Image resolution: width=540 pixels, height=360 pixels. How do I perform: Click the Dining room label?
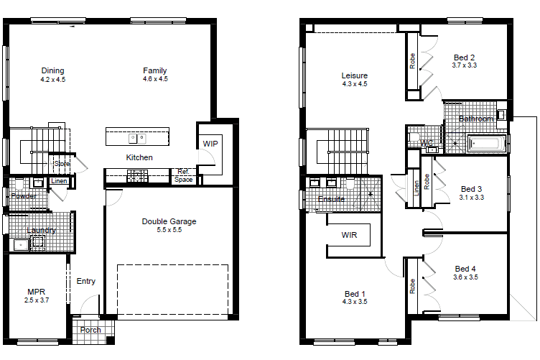coord(52,70)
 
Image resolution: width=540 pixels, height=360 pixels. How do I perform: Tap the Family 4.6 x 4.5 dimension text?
coord(155,79)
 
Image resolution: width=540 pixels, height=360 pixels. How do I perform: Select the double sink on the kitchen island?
coord(137,139)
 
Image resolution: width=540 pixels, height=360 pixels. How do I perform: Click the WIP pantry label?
coord(210,144)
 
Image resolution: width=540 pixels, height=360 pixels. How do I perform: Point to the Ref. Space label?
coord(183,175)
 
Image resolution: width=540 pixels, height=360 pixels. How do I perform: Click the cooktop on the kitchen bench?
coord(137,175)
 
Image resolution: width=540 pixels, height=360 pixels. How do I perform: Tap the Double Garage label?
coord(169,221)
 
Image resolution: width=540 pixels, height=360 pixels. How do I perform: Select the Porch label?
coord(90,330)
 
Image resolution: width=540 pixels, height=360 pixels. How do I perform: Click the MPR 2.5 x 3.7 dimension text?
coord(37,300)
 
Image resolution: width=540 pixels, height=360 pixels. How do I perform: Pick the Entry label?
coord(85,281)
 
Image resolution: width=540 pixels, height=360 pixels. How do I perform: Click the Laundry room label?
coord(41,230)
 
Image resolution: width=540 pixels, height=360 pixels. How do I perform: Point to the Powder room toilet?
coord(19,184)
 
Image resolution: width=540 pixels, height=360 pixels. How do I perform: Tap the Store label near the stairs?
coord(62,164)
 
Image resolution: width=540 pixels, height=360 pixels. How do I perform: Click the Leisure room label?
coord(355,75)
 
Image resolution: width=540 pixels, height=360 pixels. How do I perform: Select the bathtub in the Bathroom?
coord(486,144)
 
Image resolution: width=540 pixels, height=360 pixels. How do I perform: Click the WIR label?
coord(349,235)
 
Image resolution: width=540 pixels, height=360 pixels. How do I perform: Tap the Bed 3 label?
coord(472,189)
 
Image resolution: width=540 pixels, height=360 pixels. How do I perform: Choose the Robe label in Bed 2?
coord(412,61)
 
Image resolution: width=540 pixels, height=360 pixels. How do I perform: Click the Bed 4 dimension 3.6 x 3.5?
coord(465,277)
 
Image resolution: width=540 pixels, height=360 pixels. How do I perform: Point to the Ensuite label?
coord(331,199)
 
